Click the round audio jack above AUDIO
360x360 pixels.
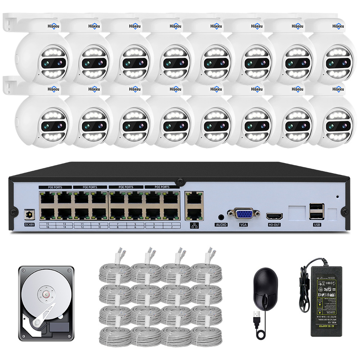221,217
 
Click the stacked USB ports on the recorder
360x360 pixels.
316,212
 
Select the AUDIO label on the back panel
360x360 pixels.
221,225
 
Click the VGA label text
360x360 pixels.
243,225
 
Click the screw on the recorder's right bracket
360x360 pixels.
345,212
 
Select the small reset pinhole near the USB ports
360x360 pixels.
337,197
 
